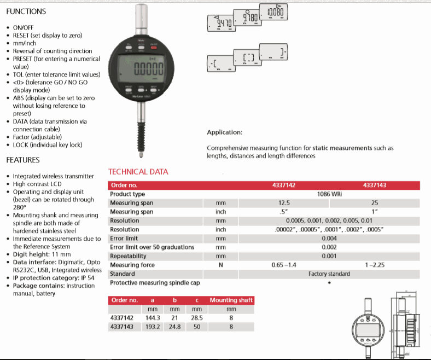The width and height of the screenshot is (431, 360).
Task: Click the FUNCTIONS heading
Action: [x=26, y=11]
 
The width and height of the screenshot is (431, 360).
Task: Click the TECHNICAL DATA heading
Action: [x=138, y=172]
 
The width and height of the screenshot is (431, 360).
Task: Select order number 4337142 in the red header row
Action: [x=284, y=185]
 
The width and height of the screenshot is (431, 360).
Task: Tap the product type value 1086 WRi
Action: [x=329, y=194]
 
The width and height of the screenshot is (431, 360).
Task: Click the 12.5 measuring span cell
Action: [x=284, y=203]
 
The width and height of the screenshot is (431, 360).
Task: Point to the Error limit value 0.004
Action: [x=329, y=239]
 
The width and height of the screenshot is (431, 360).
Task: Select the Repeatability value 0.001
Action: [x=329, y=256]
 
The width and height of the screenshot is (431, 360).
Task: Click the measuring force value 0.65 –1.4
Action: [x=284, y=265]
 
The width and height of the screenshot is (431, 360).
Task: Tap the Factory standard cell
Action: [x=329, y=274]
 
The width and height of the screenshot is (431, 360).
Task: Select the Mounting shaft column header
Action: [x=231, y=300]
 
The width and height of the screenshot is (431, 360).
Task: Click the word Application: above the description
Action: [x=224, y=132]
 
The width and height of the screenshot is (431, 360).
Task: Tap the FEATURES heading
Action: [x=22, y=160]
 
